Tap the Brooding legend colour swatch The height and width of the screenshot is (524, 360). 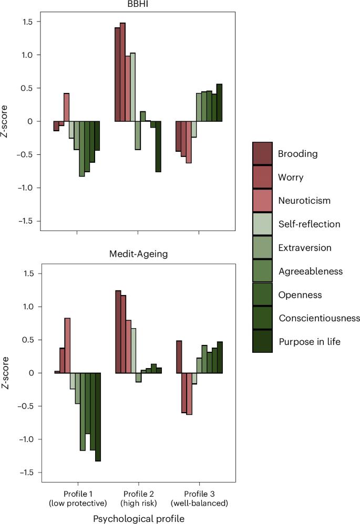coord(262,154)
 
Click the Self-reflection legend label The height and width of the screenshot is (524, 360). coord(310,224)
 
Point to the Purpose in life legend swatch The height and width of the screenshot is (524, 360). coord(262,341)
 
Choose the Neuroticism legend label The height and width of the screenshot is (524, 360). coord(304,201)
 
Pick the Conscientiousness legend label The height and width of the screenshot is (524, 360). coord(319,318)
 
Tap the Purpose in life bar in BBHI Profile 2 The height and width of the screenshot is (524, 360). coord(158,146)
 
